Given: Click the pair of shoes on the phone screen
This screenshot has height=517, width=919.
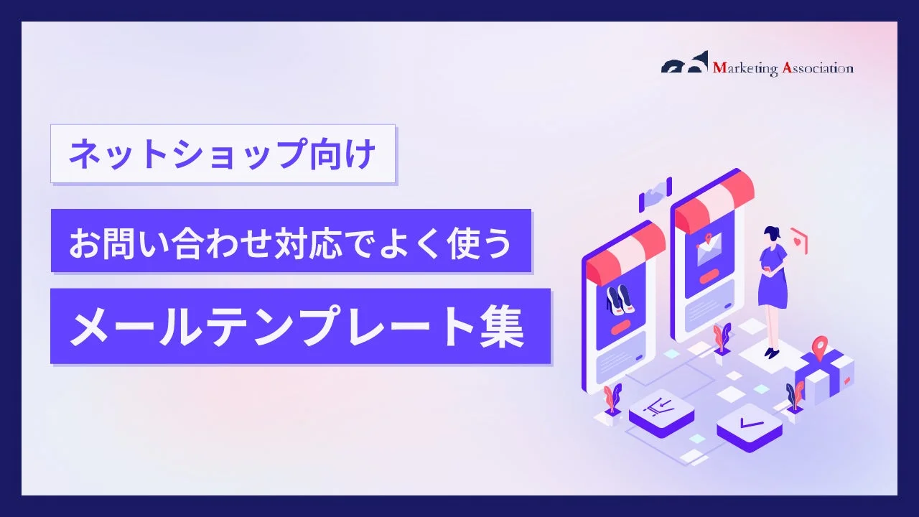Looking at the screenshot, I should point(620,299).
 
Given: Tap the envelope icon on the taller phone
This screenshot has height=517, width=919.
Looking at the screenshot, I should point(709,250).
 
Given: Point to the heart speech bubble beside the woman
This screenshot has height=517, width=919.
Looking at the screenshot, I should point(798,240).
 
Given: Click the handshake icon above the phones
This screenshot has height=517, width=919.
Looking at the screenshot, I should point(655,194).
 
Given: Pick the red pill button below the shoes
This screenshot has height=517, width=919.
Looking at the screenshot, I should point(620,326).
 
